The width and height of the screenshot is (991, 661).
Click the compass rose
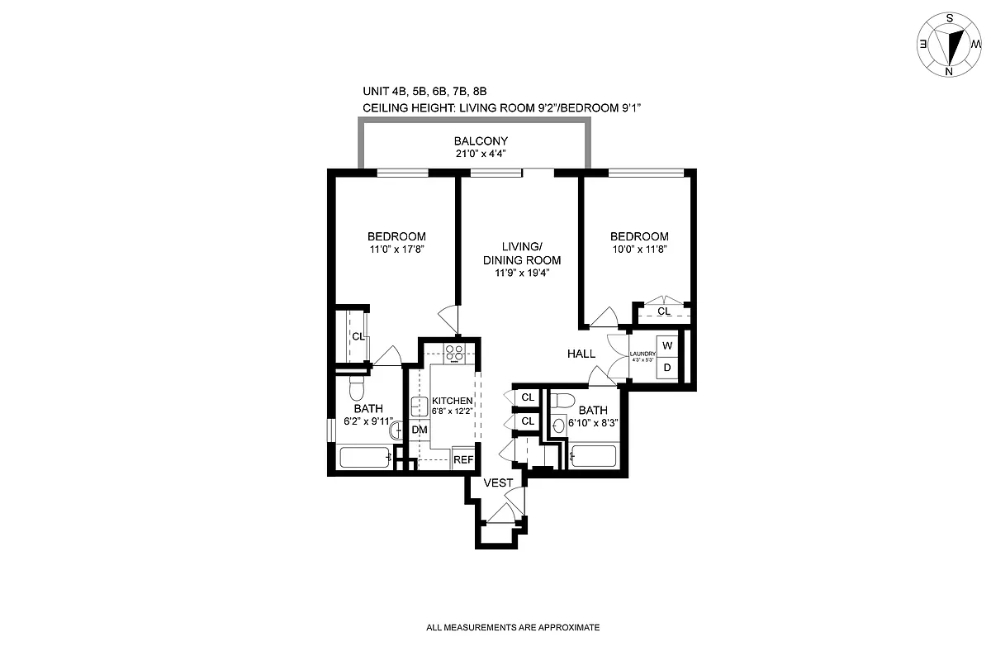coord(949,45)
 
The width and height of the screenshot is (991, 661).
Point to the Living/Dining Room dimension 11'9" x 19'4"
coord(522,273)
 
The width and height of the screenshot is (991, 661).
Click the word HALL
coord(581,354)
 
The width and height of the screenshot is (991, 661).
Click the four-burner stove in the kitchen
coord(453,353)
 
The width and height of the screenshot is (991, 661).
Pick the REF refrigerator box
coord(463,459)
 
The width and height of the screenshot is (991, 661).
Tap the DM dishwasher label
coord(420,430)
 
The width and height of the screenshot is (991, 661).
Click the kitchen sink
coord(419,407)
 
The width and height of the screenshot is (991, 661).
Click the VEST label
coord(498,483)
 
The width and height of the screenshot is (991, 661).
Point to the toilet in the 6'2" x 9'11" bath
coord(356,388)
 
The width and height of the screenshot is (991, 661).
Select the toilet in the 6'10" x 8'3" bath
coord(564,401)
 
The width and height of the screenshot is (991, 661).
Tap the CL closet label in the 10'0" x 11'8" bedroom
coord(664,311)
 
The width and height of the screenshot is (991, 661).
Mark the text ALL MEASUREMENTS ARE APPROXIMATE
coord(512,628)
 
